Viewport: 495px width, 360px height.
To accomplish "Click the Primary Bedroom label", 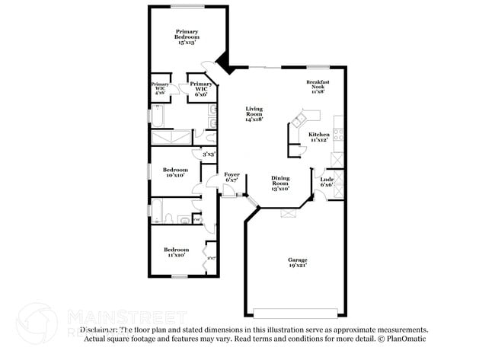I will tap(187, 37).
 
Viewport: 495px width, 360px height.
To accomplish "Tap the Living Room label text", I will tap(254, 113).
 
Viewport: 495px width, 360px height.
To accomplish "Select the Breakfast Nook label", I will tap(318, 86).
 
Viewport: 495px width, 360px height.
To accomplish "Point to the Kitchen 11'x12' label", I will tap(319, 137).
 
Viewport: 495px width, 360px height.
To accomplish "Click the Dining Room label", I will tap(281, 183).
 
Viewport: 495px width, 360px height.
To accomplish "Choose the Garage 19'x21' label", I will tap(297, 263).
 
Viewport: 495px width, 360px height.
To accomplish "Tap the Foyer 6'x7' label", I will tap(232, 177).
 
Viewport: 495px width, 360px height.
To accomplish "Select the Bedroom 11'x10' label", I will tap(177, 252).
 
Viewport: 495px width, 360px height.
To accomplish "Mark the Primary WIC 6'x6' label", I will tap(201, 89).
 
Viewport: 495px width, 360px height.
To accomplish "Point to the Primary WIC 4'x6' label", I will tap(160, 88).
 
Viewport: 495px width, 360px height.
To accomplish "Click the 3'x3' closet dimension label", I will tap(208, 155).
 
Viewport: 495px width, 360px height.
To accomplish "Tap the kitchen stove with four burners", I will tap(338, 136).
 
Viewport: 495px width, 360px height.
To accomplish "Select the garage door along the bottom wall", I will tap(296, 312).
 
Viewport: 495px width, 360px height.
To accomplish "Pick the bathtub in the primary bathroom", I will tap(160, 116).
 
